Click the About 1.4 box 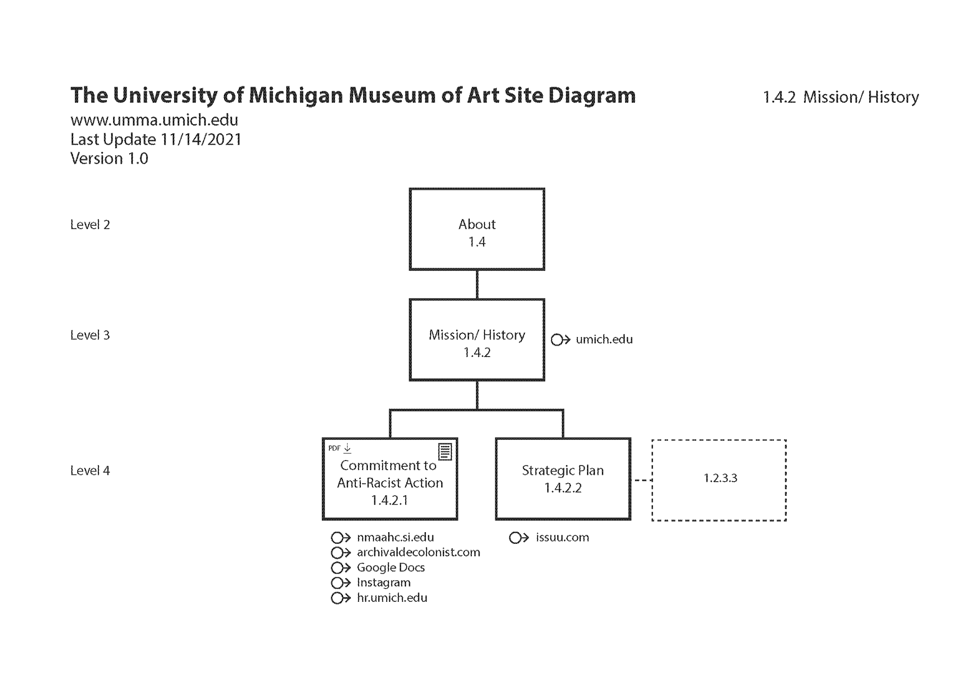[x=476, y=230]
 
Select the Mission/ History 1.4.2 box [x=476, y=340]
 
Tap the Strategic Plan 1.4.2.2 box [x=563, y=479]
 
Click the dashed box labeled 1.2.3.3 [x=719, y=480]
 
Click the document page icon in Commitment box [x=445, y=451]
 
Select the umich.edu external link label [x=604, y=339]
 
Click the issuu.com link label [x=562, y=538]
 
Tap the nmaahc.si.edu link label [x=395, y=538]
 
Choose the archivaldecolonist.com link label [x=418, y=552]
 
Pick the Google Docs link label [x=391, y=567]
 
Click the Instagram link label [x=384, y=583]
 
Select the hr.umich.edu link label [x=392, y=598]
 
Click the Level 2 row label [x=90, y=225]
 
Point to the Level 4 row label [x=90, y=471]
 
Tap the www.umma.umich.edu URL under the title [x=154, y=120]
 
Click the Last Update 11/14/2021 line [x=156, y=139]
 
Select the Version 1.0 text [x=109, y=158]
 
